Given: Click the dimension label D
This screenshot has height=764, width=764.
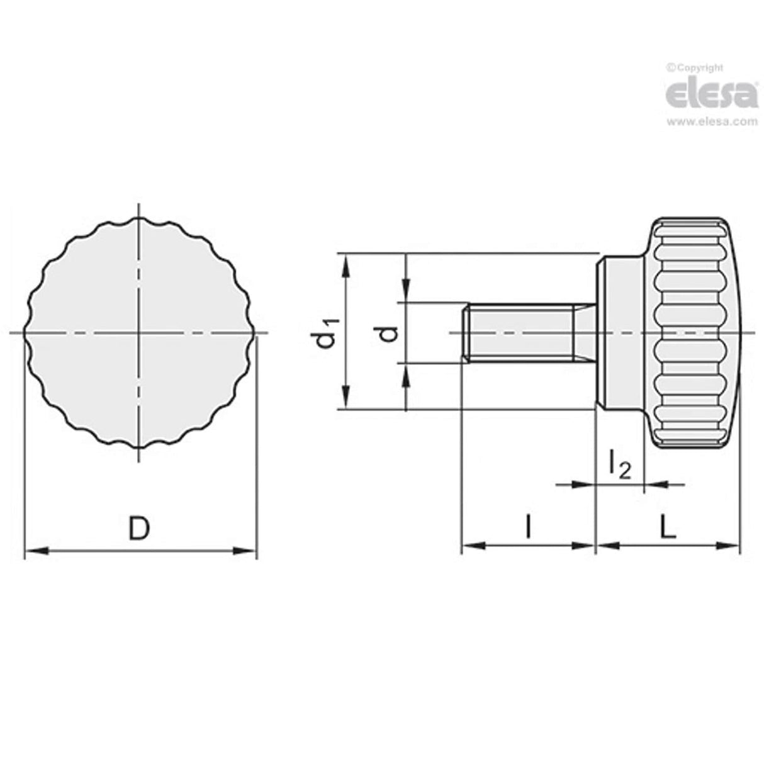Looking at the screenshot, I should [x=140, y=528].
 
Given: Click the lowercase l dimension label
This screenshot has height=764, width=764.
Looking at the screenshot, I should [x=529, y=527].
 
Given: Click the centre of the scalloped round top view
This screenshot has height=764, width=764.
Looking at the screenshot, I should [x=140, y=332].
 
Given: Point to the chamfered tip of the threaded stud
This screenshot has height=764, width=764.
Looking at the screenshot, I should [x=466, y=332].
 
